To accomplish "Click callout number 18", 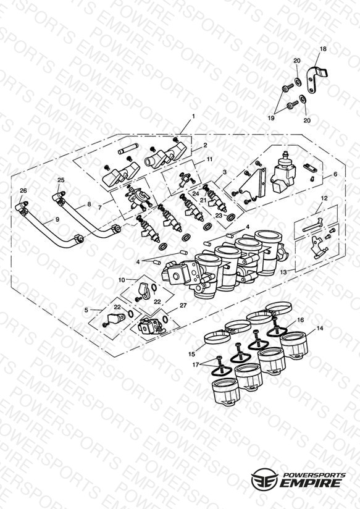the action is tap(323, 49).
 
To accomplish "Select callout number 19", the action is tap(271, 118).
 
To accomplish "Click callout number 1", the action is tap(193, 116).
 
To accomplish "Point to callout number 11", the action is tap(210, 159).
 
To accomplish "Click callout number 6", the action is tap(335, 174).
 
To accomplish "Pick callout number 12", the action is tap(324, 198).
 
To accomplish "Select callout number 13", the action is tap(283, 272).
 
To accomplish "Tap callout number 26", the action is tap(23, 190).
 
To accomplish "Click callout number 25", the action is tap(61, 180).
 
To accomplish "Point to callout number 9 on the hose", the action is tap(57, 219).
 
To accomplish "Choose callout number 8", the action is tap(89, 204).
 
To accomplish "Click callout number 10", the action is tap(122, 280).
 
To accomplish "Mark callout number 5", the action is tap(86, 310).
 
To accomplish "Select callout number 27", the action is tap(183, 306).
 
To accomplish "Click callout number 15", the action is tap(192, 354).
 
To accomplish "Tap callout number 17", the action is tap(195, 365).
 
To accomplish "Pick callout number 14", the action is tap(320, 329).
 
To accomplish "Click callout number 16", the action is tap(300, 320).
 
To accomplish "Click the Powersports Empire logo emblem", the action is tap(264, 479).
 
